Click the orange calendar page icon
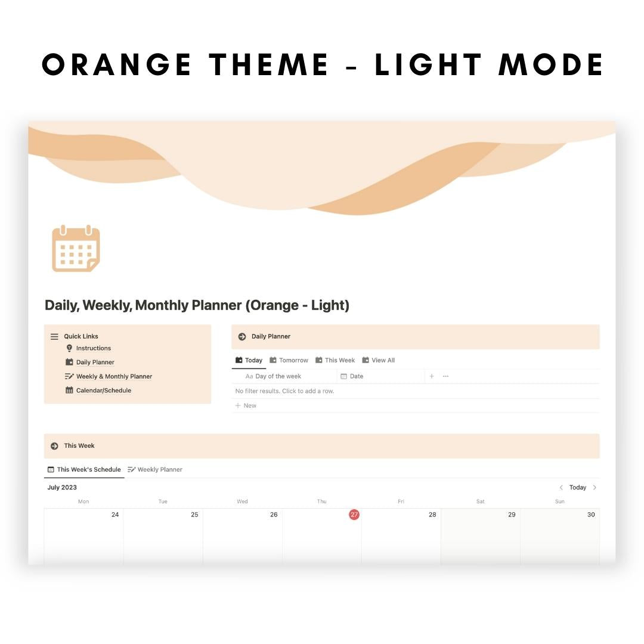click(76, 249)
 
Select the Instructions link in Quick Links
click(93, 348)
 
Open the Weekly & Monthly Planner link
click(113, 376)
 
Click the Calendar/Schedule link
click(103, 391)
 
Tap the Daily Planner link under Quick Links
click(95, 362)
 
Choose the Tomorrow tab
click(289, 360)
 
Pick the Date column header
click(356, 376)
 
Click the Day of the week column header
click(278, 376)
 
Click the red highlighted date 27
click(354, 515)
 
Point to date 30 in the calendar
click(591, 515)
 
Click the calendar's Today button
click(577, 487)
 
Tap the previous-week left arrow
click(561, 487)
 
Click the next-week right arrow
click(595, 487)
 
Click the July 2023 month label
click(62, 487)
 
